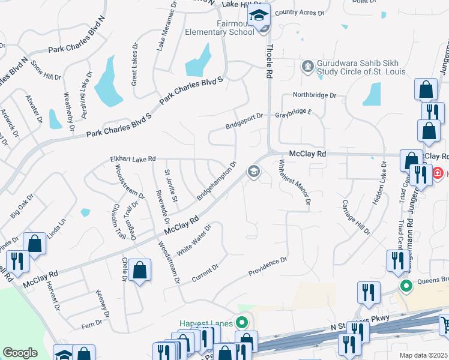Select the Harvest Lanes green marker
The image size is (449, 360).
click(x=243, y=323)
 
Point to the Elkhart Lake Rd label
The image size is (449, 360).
click(x=133, y=158)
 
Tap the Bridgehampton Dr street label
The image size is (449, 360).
click(x=217, y=180)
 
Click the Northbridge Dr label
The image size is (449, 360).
click(x=315, y=95)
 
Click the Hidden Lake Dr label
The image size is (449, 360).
click(x=382, y=184)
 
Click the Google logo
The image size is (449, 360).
click(x=20, y=352)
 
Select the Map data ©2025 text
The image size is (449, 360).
click(x=423, y=355)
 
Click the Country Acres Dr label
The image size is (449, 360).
click(x=300, y=12)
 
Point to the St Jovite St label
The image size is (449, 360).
click(x=171, y=186)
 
